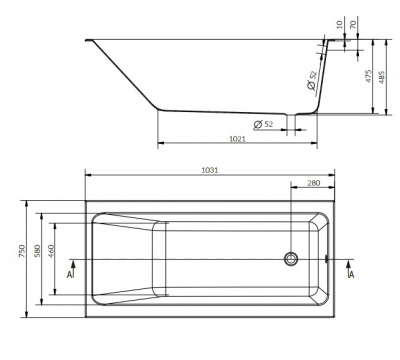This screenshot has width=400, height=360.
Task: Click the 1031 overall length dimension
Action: [x=210, y=170]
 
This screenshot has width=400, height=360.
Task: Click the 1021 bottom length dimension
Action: [x=237, y=139]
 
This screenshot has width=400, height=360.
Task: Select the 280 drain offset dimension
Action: [x=313, y=183]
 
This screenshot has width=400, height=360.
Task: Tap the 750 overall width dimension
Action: [x=22, y=251]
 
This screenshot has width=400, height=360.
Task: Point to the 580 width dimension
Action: [x=37, y=251]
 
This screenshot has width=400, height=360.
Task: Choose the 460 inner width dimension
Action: [x=51, y=251]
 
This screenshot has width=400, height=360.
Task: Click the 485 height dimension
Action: [x=382, y=77]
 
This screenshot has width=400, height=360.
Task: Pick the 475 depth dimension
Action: [x=368, y=76]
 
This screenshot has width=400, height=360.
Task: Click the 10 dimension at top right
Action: [x=340, y=24]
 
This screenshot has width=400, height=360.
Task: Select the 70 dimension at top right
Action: [x=353, y=24]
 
